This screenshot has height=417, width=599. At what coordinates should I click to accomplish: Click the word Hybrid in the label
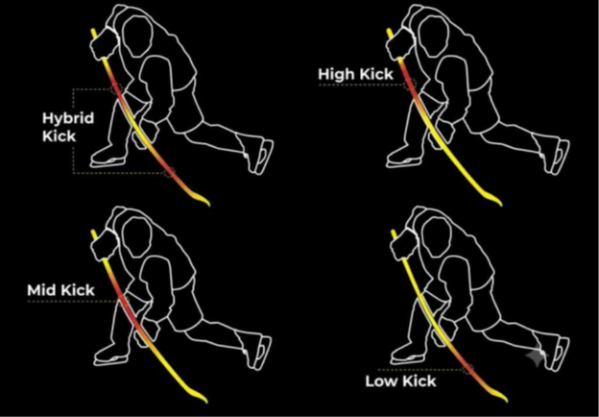pos(68,118)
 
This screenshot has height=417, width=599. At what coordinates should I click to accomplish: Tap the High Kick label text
pos(355,74)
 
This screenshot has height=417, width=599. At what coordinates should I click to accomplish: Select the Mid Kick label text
pos(60,290)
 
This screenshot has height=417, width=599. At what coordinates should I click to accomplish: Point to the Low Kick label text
pos(400,381)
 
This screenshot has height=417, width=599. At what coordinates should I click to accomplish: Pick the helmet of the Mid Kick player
pos(138,237)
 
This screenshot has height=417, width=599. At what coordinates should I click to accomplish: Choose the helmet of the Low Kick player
pos(436,237)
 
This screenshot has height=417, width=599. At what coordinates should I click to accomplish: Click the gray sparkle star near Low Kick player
pos(537,356)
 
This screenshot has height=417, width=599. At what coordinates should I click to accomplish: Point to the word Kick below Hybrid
pos(60,136)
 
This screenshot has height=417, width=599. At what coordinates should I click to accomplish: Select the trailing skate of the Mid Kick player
pos(259,353)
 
